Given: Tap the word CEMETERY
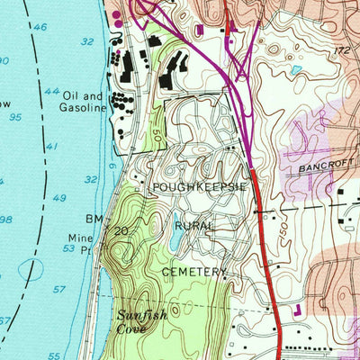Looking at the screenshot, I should click(192, 270).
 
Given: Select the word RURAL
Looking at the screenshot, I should click(193, 225).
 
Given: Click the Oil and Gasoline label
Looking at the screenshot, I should click(84, 102).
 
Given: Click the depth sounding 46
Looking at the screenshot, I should click(40, 28).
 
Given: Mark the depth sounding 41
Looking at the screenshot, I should click(51, 146).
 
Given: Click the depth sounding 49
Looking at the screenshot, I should click(59, 198).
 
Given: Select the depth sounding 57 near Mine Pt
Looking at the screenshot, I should click(59, 289).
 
